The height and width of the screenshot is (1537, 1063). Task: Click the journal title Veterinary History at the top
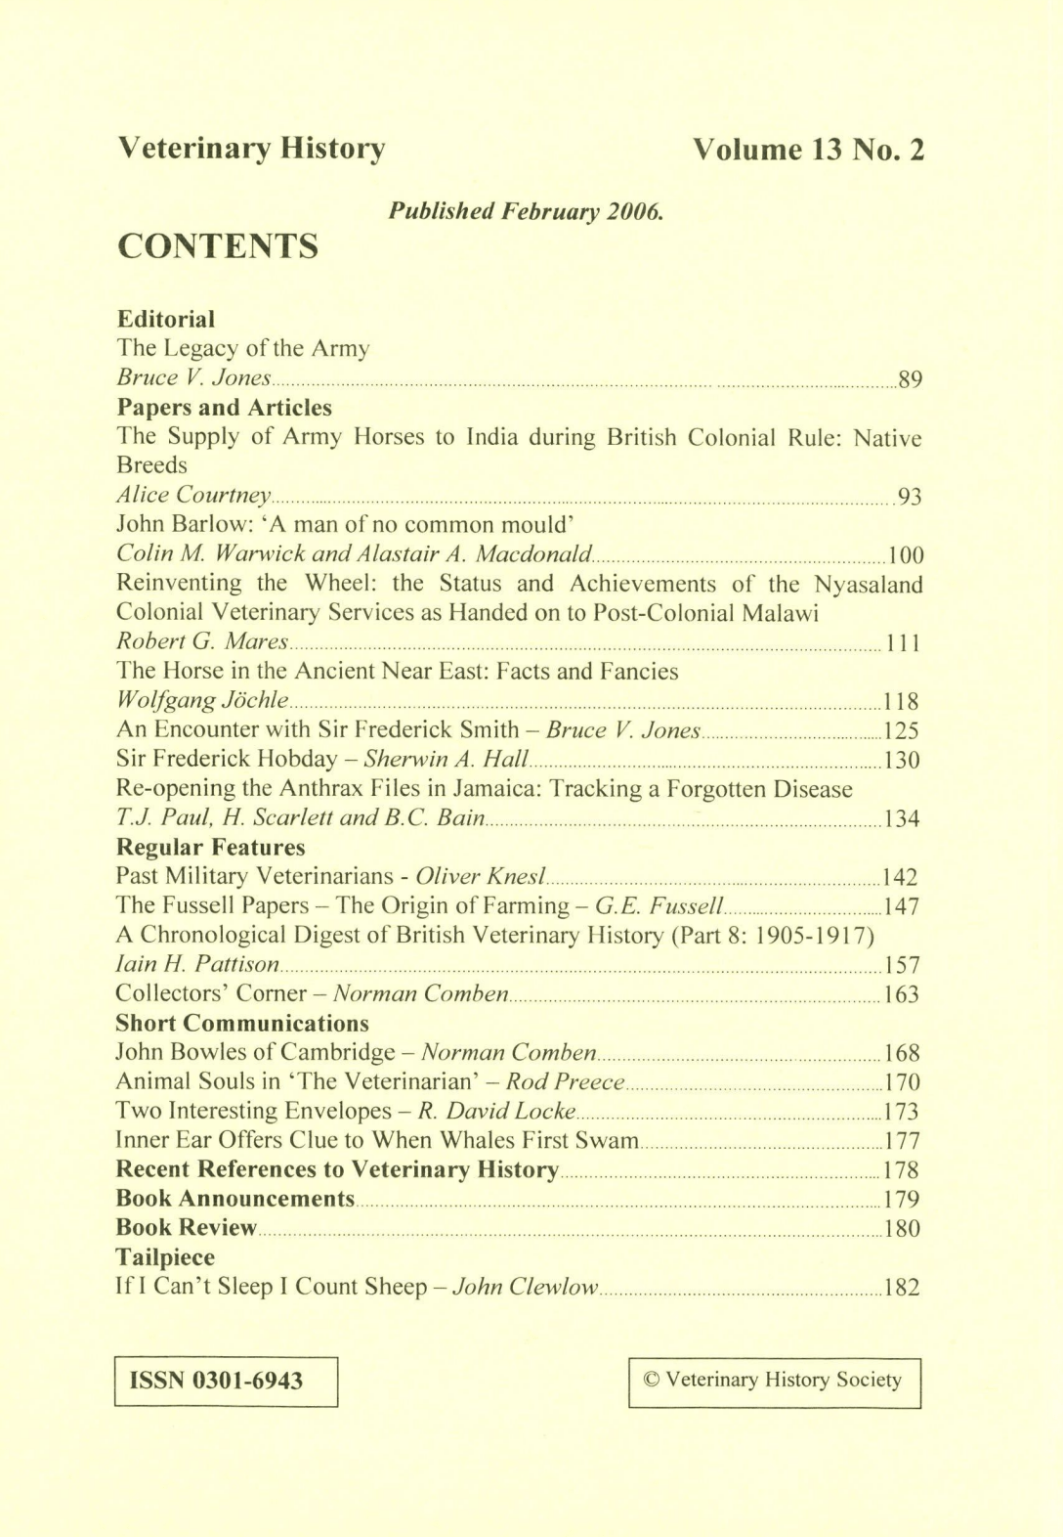pyautogui.click(x=251, y=150)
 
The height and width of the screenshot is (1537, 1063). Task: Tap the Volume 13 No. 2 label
pyautogui.click(x=808, y=150)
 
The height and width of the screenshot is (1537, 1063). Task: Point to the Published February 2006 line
pyautogui.click(x=527, y=210)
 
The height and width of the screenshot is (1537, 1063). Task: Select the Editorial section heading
pyautogui.click(x=165, y=319)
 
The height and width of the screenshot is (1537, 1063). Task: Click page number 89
pyautogui.click(x=910, y=379)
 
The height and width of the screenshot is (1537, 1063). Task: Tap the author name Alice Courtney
pyautogui.click(x=193, y=496)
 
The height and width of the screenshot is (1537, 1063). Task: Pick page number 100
pyautogui.click(x=905, y=555)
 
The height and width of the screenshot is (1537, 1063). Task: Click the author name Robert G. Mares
pyautogui.click(x=202, y=642)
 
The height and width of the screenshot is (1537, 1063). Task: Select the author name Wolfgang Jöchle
pyautogui.click(x=202, y=701)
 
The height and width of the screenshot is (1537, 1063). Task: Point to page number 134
pyautogui.click(x=902, y=818)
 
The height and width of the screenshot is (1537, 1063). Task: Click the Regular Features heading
pyautogui.click(x=210, y=847)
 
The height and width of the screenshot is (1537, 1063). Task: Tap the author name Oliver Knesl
pyautogui.click(x=481, y=876)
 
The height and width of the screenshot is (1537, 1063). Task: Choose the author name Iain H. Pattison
pyautogui.click(x=197, y=965)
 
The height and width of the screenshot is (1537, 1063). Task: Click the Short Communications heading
pyautogui.click(x=241, y=1023)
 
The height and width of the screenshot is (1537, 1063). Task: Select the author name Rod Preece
pyautogui.click(x=565, y=1081)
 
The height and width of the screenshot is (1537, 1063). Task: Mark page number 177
pyautogui.click(x=902, y=1141)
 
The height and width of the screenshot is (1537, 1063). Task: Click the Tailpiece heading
pyautogui.click(x=165, y=1256)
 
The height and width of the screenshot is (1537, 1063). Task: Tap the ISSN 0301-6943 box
pyautogui.click(x=226, y=1381)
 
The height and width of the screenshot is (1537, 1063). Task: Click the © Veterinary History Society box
pyautogui.click(x=774, y=1381)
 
